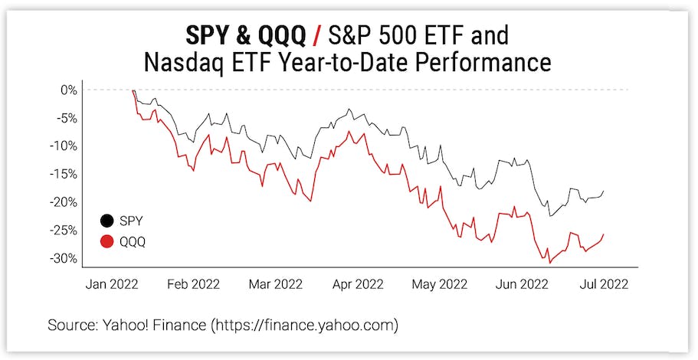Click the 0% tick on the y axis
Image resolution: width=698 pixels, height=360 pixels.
click(70, 90)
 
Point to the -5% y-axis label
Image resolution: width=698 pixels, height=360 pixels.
click(67, 118)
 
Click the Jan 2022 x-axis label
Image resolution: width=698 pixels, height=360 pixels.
click(112, 284)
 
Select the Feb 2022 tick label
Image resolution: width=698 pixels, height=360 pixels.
click(193, 284)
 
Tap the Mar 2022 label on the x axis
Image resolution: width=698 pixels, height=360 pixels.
click(275, 284)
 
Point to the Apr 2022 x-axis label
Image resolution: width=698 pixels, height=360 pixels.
click(359, 284)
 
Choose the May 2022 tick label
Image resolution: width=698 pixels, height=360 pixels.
click(439, 284)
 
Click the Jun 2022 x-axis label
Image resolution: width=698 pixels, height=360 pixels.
click(522, 284)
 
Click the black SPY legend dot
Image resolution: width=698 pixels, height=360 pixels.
click(107, 221)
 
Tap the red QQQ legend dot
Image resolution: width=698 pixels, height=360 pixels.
click(107, 242)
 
